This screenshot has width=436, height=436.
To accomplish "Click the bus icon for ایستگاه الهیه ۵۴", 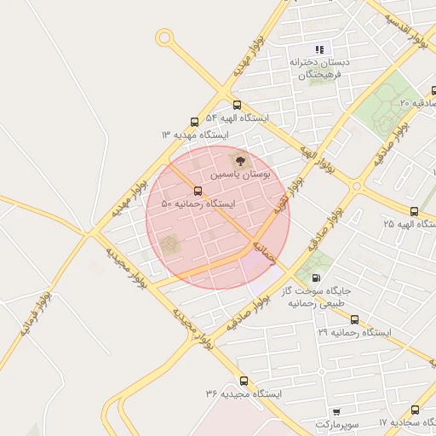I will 237,105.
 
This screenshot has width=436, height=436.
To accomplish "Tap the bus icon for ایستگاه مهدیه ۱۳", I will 195,122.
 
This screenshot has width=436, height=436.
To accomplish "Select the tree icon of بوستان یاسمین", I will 238,159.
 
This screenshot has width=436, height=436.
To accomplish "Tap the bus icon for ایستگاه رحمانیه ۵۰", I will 198,191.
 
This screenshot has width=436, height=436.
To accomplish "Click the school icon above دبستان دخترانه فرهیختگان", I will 320,49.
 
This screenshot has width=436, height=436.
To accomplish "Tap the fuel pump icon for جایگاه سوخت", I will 317,277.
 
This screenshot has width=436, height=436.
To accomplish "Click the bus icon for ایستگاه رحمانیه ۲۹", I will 354,319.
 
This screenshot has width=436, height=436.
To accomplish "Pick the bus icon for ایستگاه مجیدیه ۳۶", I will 244,381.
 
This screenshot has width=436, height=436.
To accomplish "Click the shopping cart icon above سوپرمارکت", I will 337,410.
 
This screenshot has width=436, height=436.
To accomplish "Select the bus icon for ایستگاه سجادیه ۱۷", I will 415,410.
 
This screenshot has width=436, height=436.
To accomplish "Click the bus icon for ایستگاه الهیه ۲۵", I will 414,211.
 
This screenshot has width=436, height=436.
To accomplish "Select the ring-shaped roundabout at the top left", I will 164,37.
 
